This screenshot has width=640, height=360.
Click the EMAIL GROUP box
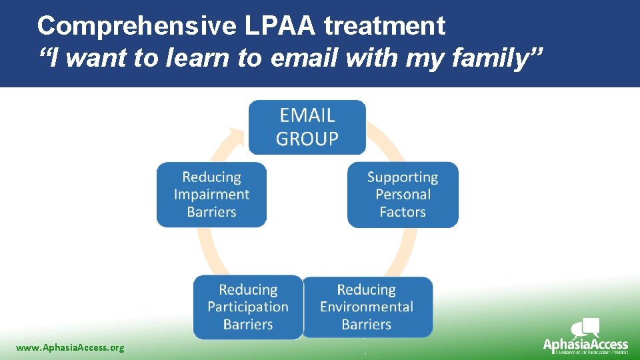(307, 127)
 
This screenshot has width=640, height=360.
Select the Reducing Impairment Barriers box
(211, 195)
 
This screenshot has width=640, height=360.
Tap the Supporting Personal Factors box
(403, 195)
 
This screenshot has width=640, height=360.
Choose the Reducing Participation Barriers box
(248, 307)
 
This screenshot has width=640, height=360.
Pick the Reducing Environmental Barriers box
(367, 307)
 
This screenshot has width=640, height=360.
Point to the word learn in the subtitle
(197, 59)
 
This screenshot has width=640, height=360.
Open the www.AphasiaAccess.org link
(70, 347)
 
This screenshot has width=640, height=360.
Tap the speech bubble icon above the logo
(586, 327)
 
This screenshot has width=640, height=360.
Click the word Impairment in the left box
(211, 195)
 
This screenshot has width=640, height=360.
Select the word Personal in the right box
(403, 195)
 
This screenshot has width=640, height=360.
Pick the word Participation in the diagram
(248, 307)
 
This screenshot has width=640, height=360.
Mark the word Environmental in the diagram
(367, 307)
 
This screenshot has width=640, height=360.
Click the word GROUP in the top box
(307, 139)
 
